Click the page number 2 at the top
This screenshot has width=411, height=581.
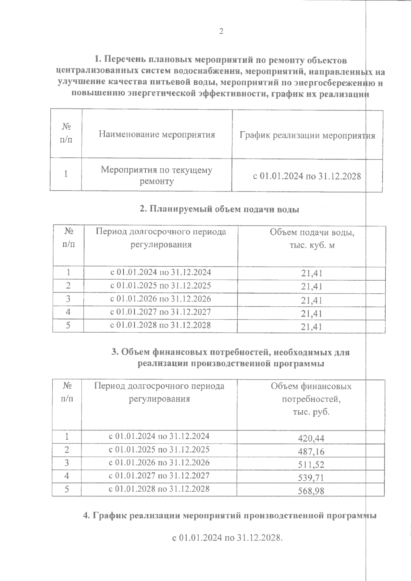221,31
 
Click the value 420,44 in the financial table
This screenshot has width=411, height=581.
311,438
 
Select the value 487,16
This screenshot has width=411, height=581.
311,451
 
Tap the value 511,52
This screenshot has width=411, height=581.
311,465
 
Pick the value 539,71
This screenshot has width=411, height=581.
311,478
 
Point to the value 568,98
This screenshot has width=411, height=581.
311,491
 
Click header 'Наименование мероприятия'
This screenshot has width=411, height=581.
157,134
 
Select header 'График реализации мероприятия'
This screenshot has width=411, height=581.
307,135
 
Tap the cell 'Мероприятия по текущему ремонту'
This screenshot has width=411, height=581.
157,176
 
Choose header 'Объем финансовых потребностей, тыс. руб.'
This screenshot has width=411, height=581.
311,399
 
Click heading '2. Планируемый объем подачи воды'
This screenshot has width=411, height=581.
220,209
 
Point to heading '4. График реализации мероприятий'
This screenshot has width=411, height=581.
230,515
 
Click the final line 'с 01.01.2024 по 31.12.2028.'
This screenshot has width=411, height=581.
227,538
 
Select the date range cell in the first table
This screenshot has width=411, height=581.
307,177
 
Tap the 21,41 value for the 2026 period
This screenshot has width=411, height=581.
311,300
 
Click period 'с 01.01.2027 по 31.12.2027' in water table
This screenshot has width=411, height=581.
160,312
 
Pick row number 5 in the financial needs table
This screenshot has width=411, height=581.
67,489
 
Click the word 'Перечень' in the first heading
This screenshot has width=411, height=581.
125,61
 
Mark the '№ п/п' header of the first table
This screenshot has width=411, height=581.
66,133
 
